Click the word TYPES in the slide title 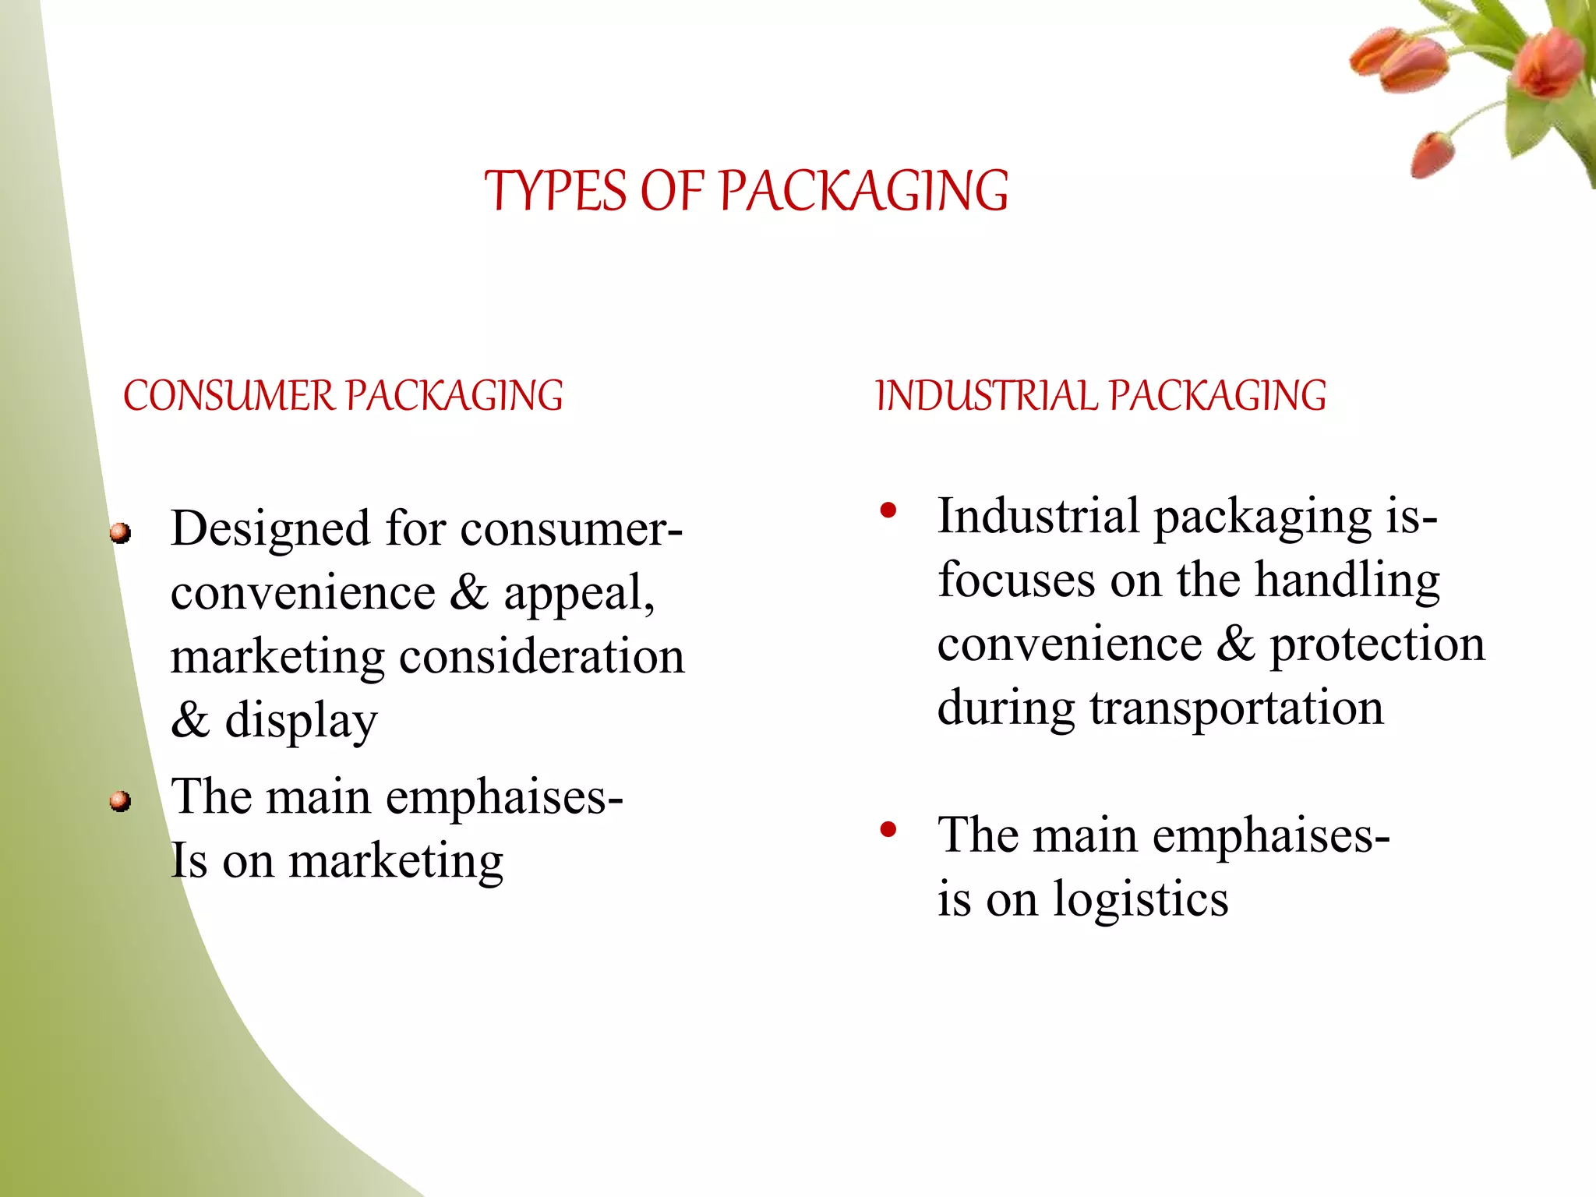click(x=555, y=191)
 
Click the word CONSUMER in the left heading click(x=228, y=396)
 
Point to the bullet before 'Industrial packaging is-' click(x=888, y=511)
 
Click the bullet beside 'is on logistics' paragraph click(x=888, y=829)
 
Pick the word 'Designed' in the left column click(x=270, y=529)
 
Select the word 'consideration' click(x=542, y=657)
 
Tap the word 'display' click(x=301, y=721)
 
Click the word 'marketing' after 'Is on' click(x=396, y=862)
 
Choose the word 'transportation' click(x=1237, y=708)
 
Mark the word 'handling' click(x=1347, y=581)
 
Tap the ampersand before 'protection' click(x=1235, y=644)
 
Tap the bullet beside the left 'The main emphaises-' click(x=120, y=800)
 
